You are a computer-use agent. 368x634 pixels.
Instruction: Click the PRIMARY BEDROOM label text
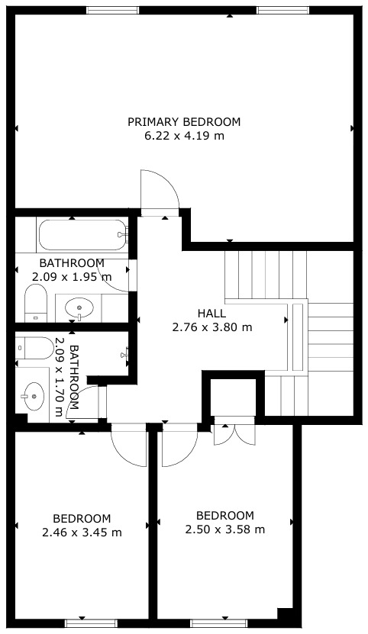click(x=184, y=122)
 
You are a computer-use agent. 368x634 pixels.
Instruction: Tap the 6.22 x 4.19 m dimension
click(x=184, y=136)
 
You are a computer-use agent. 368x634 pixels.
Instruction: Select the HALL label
click(x=211, y=313)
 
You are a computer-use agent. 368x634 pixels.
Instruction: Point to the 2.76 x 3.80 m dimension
click(x=212, y=327)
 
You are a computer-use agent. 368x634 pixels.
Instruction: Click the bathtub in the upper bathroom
click(x=83, y=235)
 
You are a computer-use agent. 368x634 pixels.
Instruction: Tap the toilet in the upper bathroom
click(x=36, y=303)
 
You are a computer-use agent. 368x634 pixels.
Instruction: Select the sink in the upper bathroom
click(x=79, y=307)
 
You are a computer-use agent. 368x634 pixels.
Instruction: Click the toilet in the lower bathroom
click(x=34, y=348)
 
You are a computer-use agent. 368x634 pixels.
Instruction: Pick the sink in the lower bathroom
click(x=33, y=396)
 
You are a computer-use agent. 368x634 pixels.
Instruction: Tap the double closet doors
click(x=234, y=435)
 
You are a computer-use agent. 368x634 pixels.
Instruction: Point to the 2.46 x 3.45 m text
click(x=82, y=533)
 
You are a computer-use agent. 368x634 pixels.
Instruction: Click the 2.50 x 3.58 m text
click(x=225, y=529)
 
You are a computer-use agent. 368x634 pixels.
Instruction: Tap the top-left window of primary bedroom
click(x=112, y=10)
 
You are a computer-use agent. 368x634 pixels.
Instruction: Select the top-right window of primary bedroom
click(x=282, y=10)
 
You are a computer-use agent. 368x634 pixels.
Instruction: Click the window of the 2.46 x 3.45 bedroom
click(x=91, y=623)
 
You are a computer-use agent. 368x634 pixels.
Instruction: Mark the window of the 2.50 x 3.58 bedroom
click(x=219, y=623)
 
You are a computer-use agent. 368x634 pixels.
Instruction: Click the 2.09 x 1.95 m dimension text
click(x=72, y=277)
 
